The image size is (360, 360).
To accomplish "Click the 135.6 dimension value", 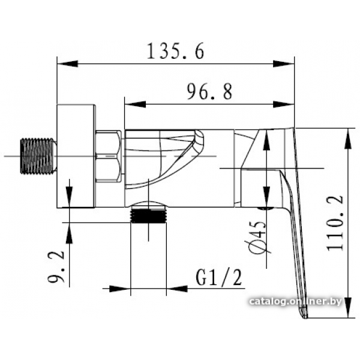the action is (x=175, y=51).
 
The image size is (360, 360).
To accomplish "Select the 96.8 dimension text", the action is (x=209, y=92).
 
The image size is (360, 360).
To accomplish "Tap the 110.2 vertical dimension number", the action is (x=335, y=223).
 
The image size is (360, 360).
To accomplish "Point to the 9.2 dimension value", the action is (x=56, y=266).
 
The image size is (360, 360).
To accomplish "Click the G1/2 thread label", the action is (x=219, y=278).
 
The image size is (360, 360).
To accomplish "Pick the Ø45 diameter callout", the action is (x=257, y=237).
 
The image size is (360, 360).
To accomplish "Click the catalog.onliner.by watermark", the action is (x=295, y=301).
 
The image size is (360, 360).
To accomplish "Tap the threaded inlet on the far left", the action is (x=38, y=156).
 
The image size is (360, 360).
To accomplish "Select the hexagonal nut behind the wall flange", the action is (x=108, y=157).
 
